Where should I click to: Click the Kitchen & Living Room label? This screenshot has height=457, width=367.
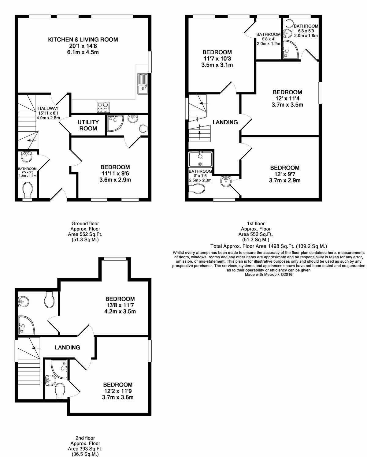pos(83,39)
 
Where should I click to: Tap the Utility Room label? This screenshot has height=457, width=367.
pos(88,125)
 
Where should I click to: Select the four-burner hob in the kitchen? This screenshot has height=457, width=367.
pos(103,107)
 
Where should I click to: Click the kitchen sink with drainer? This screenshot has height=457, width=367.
pos(143,83)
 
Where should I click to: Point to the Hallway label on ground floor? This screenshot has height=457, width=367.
pos(48,108)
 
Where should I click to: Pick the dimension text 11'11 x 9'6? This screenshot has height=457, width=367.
pos(115,174)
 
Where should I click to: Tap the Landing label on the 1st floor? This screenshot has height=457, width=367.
pos(225,122)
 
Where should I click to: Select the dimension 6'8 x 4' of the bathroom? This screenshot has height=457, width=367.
pos(268,39)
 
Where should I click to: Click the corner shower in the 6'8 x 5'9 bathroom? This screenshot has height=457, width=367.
pos(289,49)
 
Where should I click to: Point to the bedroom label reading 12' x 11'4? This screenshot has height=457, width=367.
pos(287,98)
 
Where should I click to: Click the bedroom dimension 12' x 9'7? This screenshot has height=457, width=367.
pos(284,174)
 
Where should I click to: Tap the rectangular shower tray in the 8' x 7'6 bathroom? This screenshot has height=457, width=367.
pos(200,159)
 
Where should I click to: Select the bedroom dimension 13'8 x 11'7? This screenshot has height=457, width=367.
pos(120,305)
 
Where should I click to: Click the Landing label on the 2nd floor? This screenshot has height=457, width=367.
pos(67,347)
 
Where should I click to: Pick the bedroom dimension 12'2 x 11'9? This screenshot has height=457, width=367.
pos(117,391)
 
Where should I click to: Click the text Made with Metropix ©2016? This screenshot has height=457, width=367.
pos(269,275)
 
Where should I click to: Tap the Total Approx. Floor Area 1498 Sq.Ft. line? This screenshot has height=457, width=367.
pos(269,246)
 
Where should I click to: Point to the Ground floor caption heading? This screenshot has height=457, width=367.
pos(85,223)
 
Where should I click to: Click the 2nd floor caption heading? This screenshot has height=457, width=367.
pos(85,438)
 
